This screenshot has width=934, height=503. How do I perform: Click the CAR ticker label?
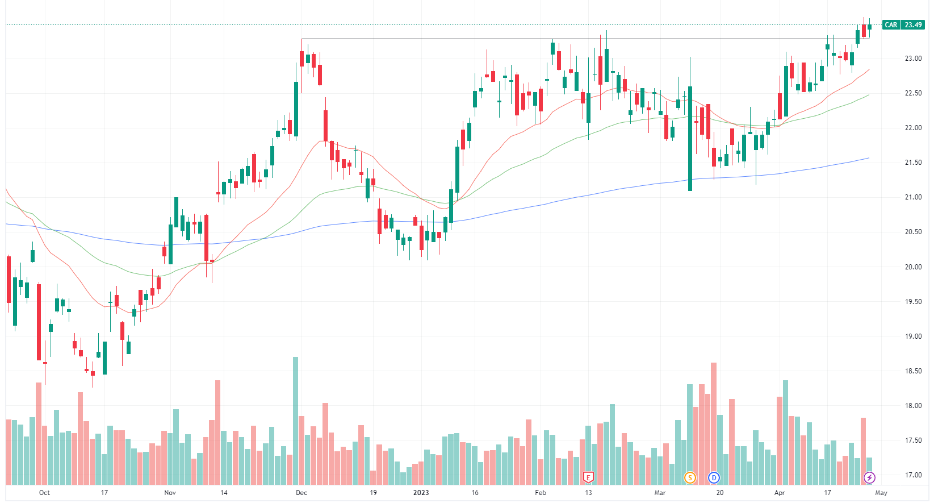pos(891,25)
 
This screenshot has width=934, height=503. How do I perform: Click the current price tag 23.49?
pos(913,25)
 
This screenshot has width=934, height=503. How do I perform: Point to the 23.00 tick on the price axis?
pos(913,59)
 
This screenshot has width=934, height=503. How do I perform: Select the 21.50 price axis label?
pos(913,163)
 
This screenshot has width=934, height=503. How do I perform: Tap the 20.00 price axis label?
pos(913,267)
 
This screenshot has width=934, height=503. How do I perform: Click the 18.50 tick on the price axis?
pos(913,371)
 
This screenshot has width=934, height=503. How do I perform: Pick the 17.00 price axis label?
pos(913,475)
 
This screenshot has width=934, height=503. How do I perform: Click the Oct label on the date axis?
pos(44,493)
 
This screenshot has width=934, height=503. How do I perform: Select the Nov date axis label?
pos(170,493)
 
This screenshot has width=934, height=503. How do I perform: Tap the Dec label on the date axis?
pos(301,493)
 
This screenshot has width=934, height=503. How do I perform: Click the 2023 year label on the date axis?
pos(421,493)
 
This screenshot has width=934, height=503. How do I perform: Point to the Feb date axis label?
pos(541,493)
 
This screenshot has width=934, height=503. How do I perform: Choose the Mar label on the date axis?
pos(660,493)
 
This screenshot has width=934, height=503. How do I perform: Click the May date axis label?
pos(881,493)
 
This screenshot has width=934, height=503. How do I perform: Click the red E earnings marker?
pos(588,477)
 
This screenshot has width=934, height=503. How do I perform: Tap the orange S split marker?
pos(690,477)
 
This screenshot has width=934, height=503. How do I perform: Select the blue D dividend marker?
pos(714,477)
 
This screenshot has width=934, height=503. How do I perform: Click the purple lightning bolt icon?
pos(869,477)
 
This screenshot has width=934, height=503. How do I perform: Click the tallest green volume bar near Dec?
pos(295,421)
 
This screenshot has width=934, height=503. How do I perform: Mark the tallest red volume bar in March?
pos(714,423)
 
